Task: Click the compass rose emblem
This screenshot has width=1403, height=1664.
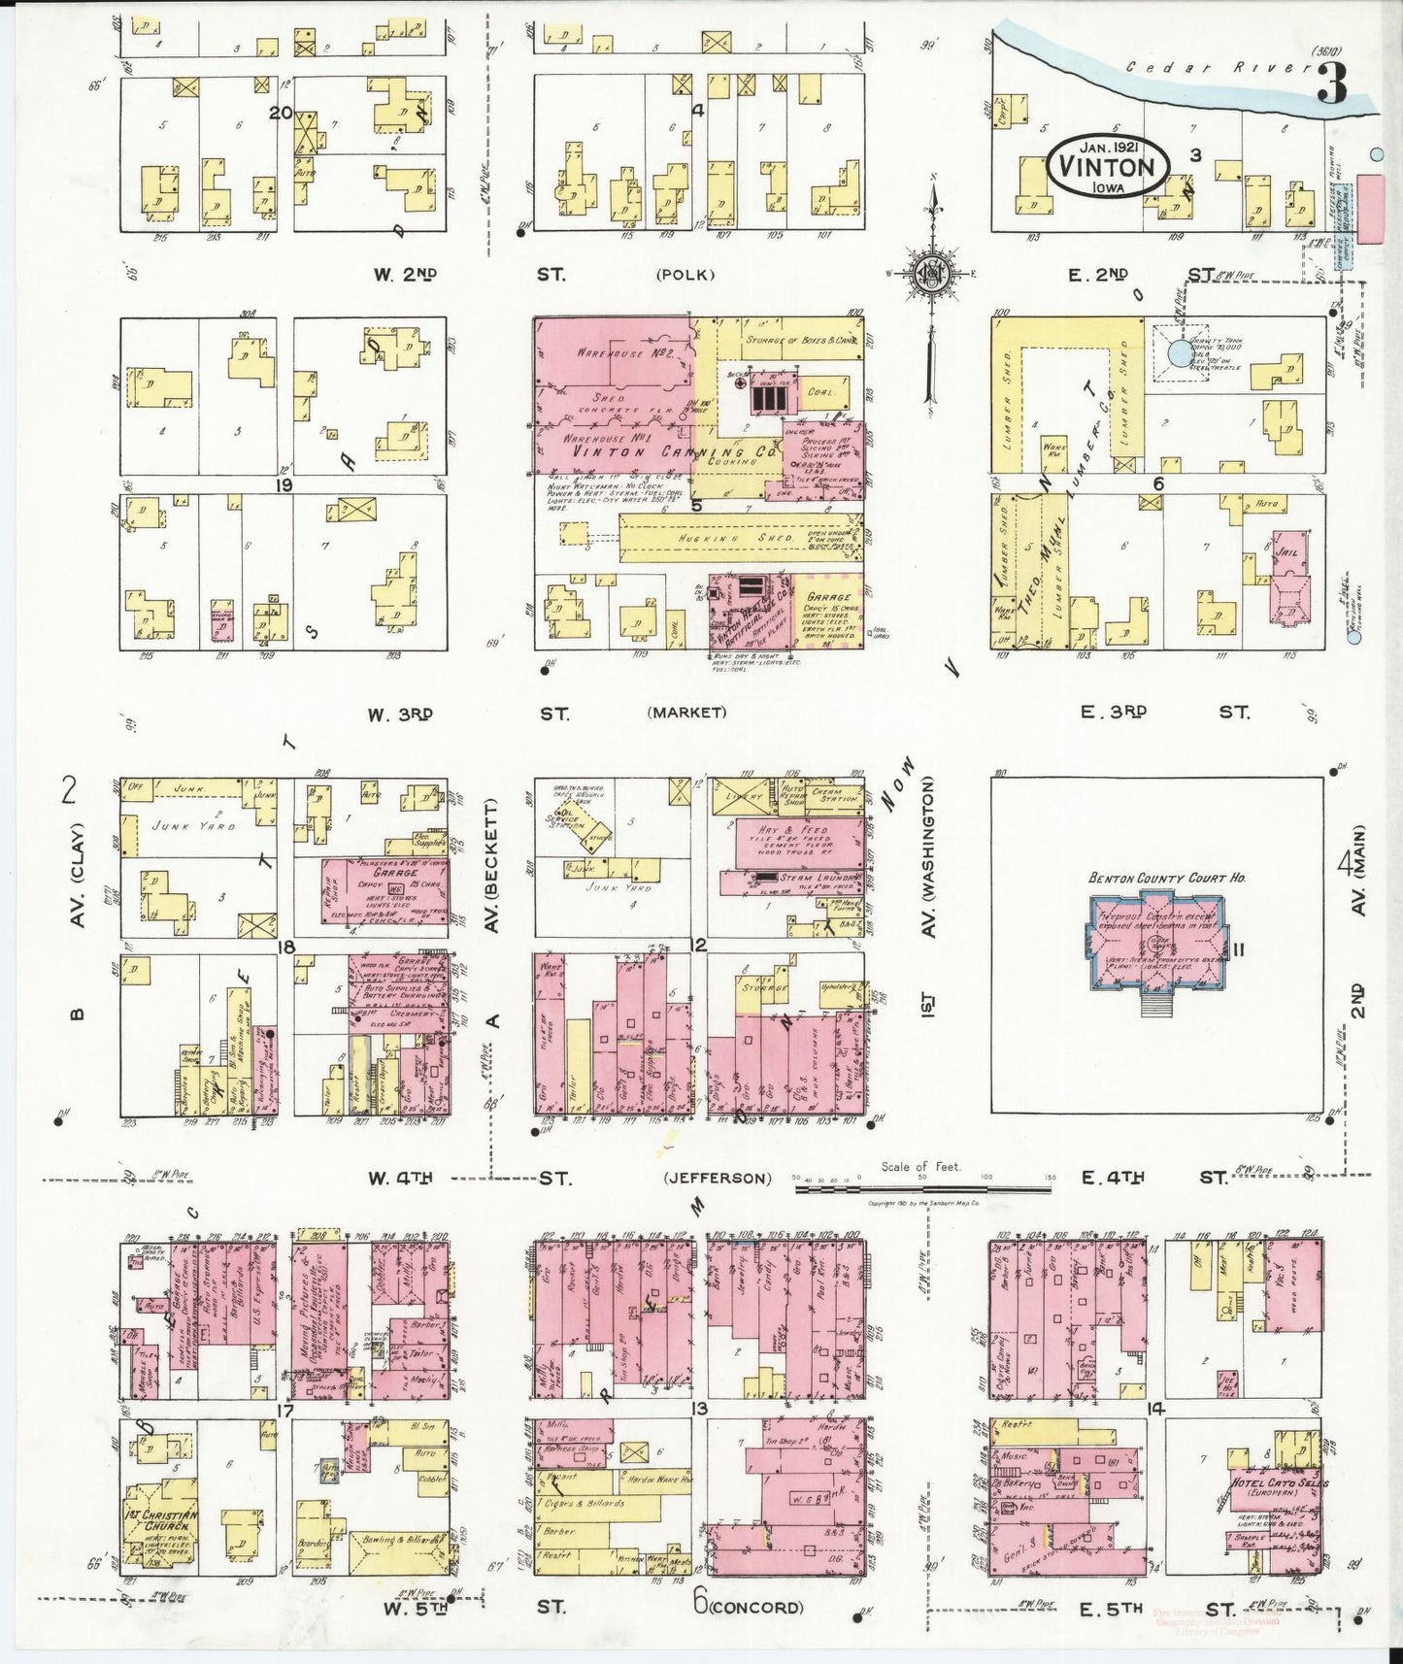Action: tap(931, 276)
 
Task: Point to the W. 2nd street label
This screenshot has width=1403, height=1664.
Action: tap(405, 275)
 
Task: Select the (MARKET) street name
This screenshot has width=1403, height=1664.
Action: tap(686, 713)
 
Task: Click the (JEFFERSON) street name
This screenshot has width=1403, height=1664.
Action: tap(718, 1179)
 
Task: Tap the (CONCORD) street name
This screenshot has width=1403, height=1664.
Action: tap(755, 1607)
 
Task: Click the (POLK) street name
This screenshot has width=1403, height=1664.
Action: tap(685, 275)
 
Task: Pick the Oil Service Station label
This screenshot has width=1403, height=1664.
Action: tap(566, 820)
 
